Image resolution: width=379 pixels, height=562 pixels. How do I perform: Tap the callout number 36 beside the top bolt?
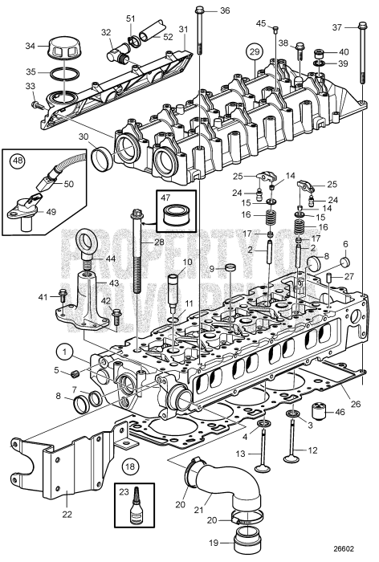pos(224,10)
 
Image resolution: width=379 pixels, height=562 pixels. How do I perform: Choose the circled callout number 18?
pos(130,465)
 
